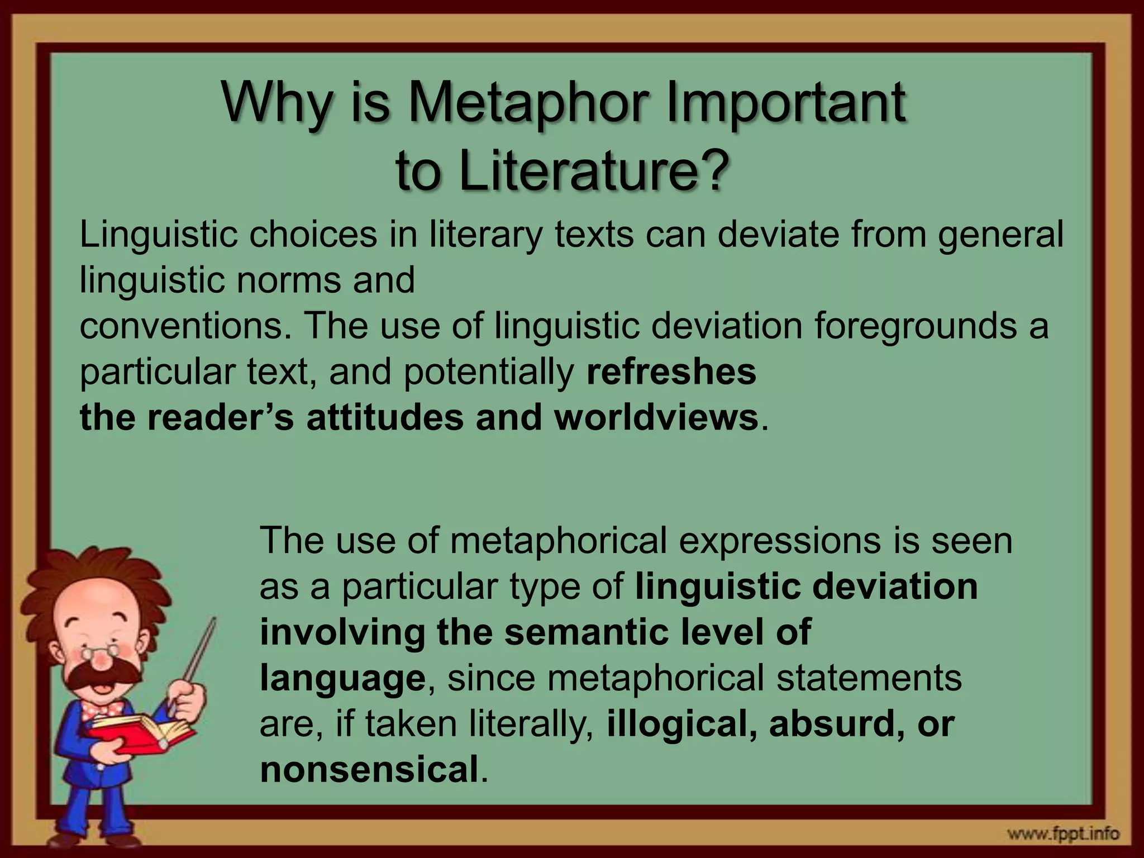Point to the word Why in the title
[276, 103]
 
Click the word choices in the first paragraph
[313, 235]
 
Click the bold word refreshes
[671, 372]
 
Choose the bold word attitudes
[385, 418]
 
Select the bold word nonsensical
[369, 770]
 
